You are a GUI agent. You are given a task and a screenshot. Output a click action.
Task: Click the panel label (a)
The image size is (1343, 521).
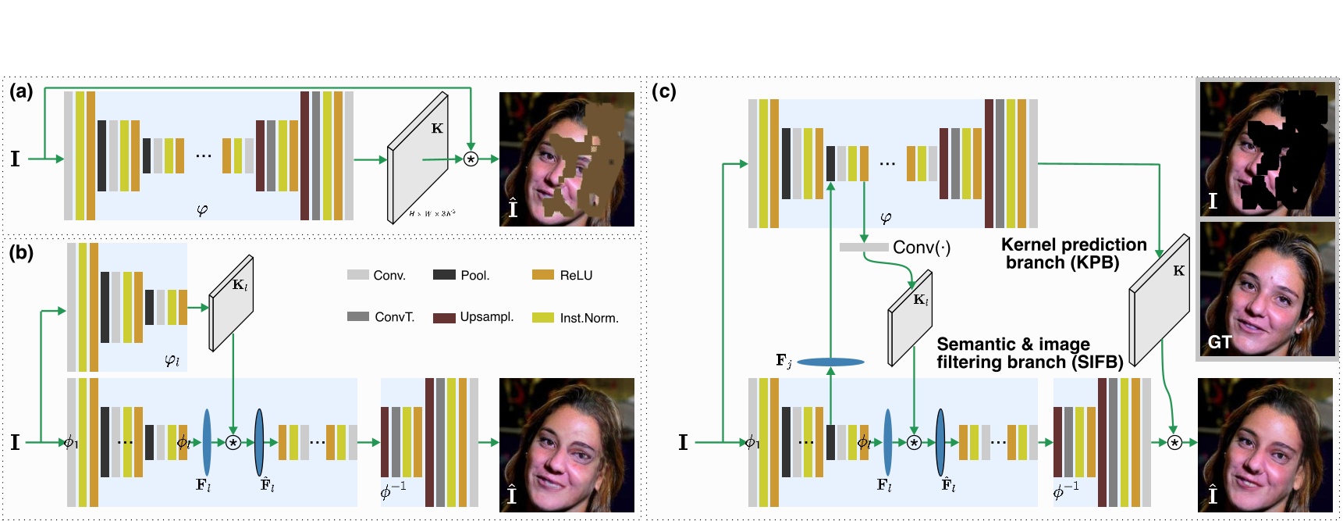point(21,91)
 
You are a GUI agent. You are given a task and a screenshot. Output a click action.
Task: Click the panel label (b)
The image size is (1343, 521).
point(21,252)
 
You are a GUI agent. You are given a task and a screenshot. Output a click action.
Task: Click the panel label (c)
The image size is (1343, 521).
point(663,91)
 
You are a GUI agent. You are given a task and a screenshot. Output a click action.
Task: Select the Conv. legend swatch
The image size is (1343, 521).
point(357,275)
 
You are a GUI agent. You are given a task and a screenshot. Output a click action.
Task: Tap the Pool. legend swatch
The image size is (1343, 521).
point(444,274)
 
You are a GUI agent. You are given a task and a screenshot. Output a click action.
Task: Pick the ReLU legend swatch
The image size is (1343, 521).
point(543,274)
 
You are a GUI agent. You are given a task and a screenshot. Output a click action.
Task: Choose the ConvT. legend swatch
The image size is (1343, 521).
point(358,316)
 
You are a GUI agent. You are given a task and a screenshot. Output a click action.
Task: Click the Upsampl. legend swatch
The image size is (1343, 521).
point(444,318)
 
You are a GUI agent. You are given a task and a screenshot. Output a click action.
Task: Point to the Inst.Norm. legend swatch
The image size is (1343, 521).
point(543,317)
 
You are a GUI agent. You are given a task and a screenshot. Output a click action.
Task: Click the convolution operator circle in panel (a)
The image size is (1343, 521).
point(471,159)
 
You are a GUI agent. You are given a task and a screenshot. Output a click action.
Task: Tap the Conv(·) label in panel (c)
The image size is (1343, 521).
point(922,248)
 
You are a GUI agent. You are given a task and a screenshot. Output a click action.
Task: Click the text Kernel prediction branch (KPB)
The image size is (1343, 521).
point(1073,254)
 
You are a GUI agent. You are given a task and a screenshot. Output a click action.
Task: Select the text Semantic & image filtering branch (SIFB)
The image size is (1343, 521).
point(1029,353)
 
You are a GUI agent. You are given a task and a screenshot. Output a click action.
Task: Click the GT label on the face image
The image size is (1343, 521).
point(1219,342)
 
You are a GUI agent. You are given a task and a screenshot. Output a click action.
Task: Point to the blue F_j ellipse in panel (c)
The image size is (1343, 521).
point(830,362)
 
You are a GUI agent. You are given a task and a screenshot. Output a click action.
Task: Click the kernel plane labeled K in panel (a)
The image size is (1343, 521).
point(419,159)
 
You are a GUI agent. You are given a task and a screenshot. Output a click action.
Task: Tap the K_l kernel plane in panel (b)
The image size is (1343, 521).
point(232,303)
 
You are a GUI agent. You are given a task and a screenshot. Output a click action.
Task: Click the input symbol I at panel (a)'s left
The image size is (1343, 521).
point(15,159)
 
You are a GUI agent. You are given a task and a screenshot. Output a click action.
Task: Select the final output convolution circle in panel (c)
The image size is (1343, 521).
point(1174,443)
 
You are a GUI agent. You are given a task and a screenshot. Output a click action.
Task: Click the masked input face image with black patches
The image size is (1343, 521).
point(1267,149)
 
